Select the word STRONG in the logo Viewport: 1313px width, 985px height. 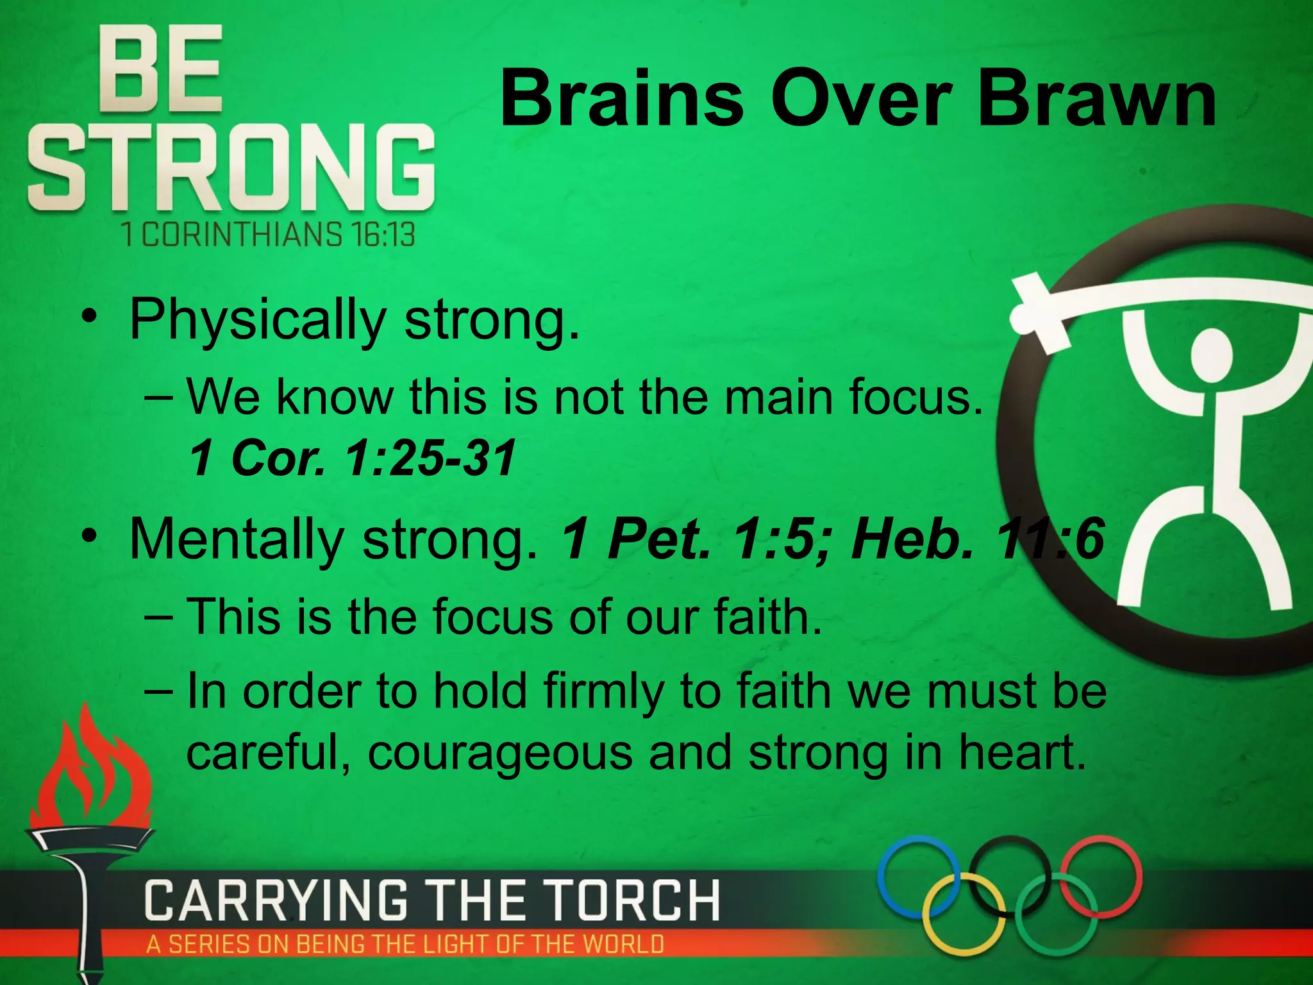[x=231, y=168]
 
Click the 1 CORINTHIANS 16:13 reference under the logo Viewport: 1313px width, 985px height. [x=268, y=234]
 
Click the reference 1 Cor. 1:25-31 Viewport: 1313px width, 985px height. [x=353, y=458]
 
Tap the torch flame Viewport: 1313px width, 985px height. [x=90, y=770]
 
